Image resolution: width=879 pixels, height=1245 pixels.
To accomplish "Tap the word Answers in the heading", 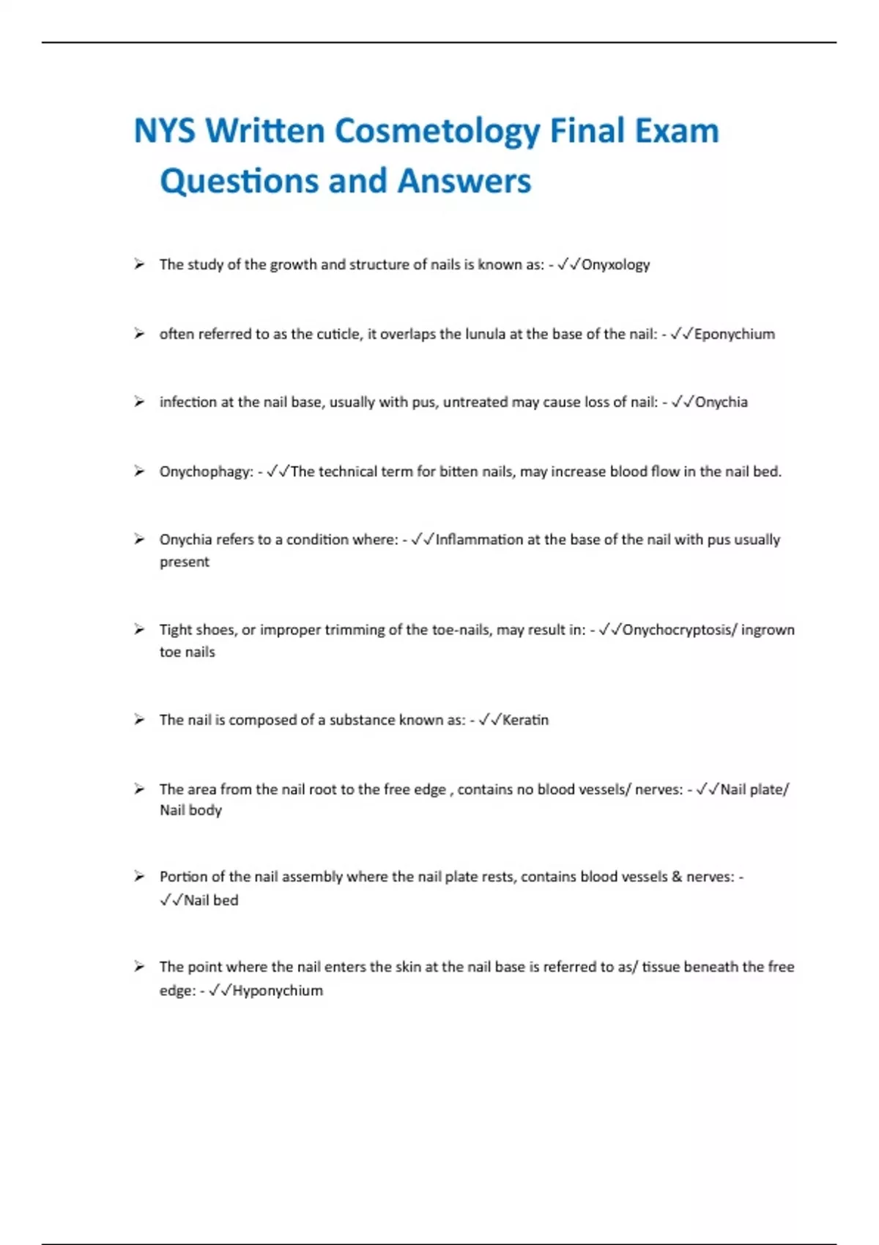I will tap(464, 181).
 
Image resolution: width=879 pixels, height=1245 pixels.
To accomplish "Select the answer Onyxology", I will tap(615, 264).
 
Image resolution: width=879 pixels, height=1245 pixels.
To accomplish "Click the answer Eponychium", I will tap(734, 334).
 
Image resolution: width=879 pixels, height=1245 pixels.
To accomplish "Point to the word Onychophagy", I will tap(206, 472).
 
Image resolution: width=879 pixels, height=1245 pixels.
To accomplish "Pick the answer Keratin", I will tap(525, 720).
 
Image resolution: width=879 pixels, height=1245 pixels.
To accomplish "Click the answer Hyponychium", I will tap(278, 991).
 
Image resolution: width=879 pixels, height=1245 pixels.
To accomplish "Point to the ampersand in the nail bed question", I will tap(676, 877).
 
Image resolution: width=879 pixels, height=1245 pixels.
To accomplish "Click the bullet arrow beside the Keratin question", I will tap(139, 720).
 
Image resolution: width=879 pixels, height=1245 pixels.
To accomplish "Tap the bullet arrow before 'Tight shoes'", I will tap(139, 630).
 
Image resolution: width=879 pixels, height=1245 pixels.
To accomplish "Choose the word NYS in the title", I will tap(165, 132).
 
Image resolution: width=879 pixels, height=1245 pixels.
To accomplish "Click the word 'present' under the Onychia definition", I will tap(185, 562).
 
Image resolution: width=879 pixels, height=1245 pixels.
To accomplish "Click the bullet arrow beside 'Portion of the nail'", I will tap(139, 877).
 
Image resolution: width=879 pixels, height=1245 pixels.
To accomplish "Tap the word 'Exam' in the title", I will tap(677, 132).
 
